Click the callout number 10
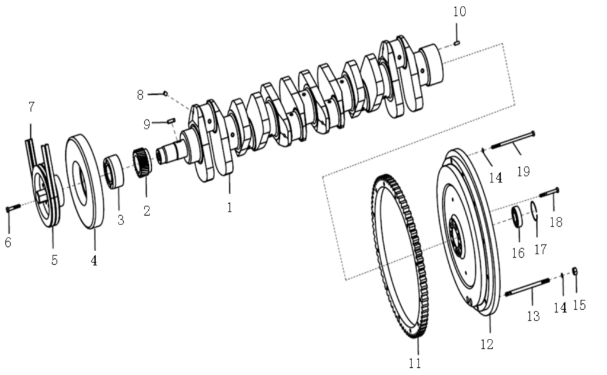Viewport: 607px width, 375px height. [x=460, y=12]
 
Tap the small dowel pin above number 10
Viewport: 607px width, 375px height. [x=457, y=43]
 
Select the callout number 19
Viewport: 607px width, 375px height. [x=523, y=172]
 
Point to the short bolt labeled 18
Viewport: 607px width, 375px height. [x=549, y=193]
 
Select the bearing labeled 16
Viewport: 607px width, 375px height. [x=517, y=216]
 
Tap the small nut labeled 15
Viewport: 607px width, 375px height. [x=574, y=271]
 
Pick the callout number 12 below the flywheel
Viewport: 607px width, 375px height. [x=487, y=344]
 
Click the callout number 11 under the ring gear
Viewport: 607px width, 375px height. [x=416, y=363]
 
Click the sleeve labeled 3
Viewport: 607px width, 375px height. [x=114, y=172]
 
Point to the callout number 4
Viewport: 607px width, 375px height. [x=94, y=260]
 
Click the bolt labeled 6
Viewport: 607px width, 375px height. [x=14, y=208]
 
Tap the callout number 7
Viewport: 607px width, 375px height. [x=31, y=107]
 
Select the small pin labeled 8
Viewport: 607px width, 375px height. [x=165, y=93]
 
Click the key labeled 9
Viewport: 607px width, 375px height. [x=171, y=121]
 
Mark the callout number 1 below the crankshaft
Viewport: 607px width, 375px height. [x=229, y=207]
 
